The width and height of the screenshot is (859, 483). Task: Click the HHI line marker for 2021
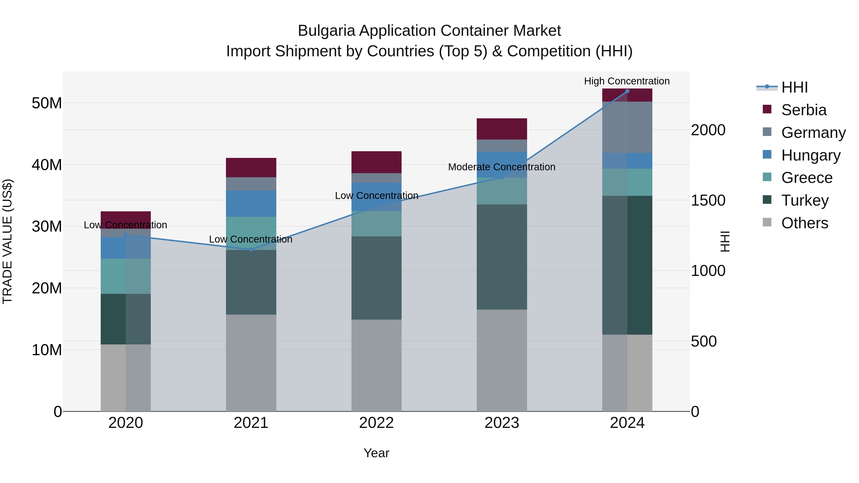[251, 249]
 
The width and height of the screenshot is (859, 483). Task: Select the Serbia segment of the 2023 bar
[502, 129]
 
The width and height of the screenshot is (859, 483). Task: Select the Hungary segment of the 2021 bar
[251, 204]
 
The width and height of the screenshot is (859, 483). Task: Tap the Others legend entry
[804, 223]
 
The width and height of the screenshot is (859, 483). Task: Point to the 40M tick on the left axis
[47, 165]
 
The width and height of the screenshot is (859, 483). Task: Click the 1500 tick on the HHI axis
[708, 200]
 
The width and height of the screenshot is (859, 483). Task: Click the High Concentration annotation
[627, 81]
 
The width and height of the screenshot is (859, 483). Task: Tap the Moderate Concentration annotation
[502, 167]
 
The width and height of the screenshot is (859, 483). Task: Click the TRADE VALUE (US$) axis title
[8, 241]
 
